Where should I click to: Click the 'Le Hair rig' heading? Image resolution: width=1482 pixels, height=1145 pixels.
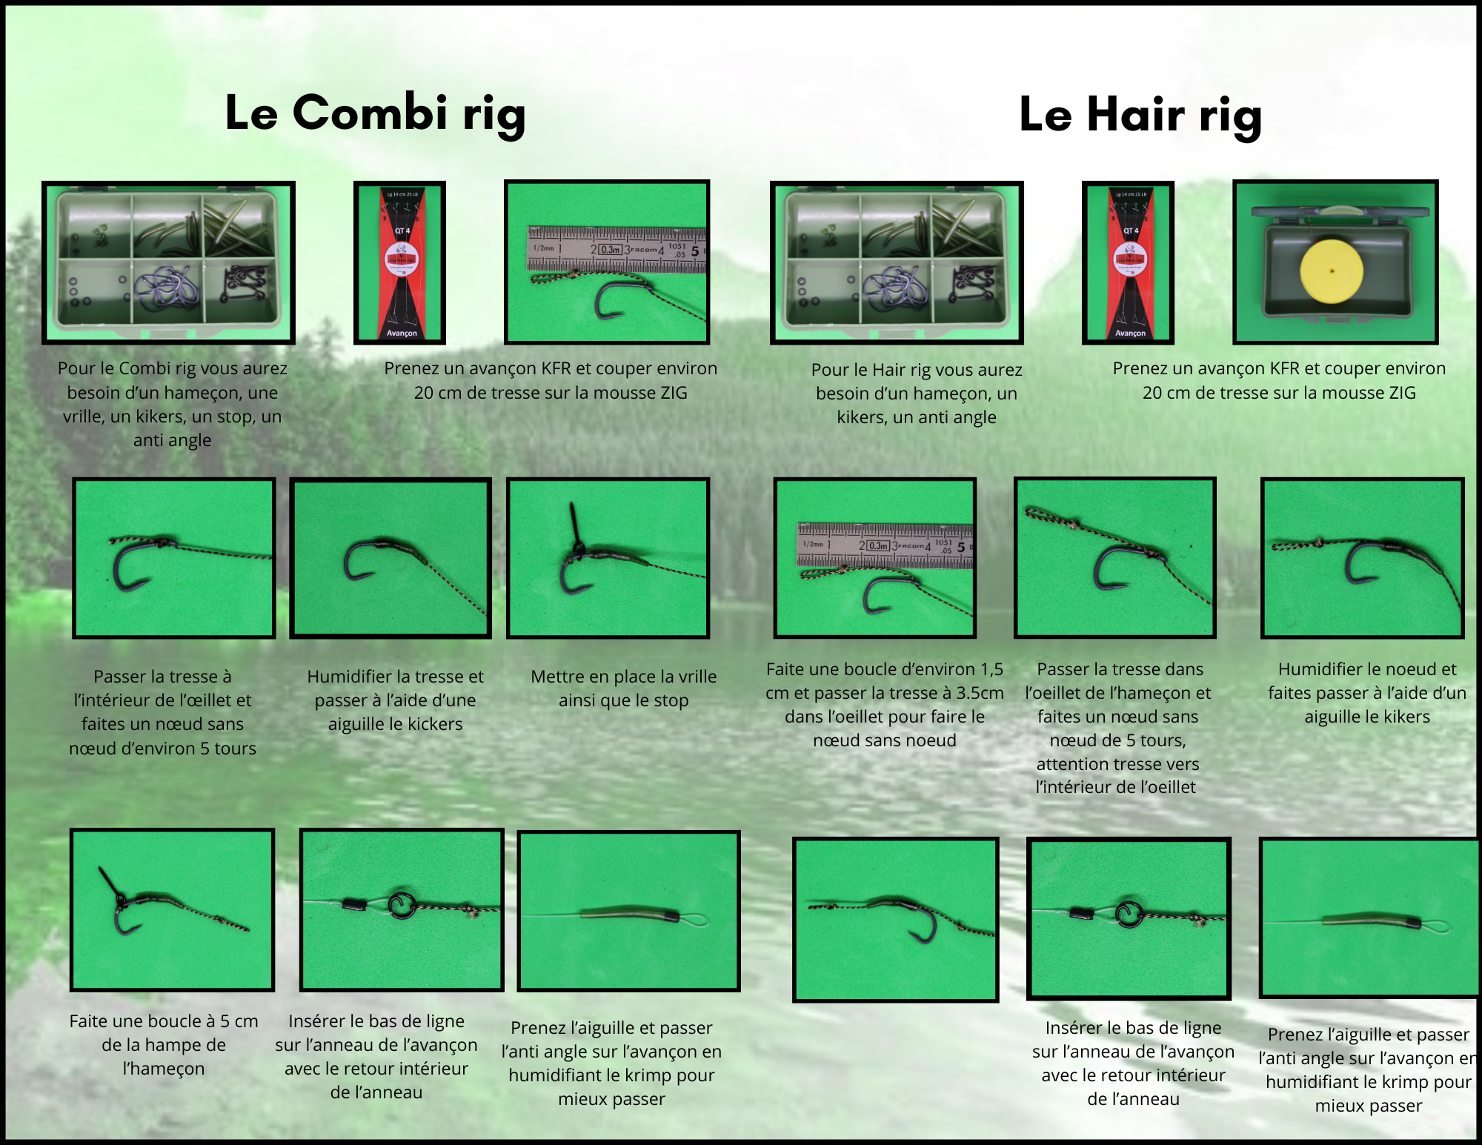point(1140,116)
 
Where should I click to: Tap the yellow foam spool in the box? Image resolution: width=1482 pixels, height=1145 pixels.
point(1332,271)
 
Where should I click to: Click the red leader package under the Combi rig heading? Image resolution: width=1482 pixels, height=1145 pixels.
point(400,263)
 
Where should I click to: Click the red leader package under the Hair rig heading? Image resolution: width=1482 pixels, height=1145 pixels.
point(1128,263)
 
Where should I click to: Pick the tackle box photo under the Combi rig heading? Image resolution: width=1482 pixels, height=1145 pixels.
point(168,263)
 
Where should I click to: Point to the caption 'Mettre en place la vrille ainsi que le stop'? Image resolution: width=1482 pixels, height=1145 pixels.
point(624,688)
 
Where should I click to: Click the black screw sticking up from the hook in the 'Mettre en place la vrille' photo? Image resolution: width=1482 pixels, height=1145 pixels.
point(576,527)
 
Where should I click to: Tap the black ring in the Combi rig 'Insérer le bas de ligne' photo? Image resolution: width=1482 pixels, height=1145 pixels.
point(402,905)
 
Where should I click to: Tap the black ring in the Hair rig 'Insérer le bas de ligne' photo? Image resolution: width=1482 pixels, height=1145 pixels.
point(1128,915)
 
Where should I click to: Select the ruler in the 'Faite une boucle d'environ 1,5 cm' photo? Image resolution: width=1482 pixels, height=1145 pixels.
point(885,546)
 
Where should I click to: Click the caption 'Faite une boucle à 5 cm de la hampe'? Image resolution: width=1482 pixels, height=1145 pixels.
point(164,1045)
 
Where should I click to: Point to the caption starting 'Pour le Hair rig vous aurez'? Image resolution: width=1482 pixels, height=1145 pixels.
point(917,394)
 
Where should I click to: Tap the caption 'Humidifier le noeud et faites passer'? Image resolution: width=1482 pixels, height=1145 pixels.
point(1367,693)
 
